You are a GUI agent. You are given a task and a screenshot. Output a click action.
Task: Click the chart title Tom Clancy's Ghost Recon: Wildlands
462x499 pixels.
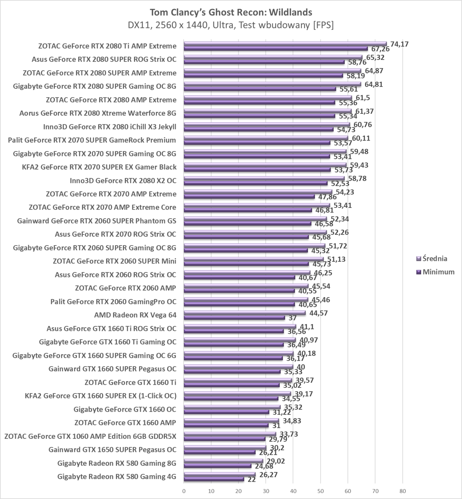click(x=231, y=12)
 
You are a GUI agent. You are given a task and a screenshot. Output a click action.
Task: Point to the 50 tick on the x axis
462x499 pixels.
click(x=320, y=491)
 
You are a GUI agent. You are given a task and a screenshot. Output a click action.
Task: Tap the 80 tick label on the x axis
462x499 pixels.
click(x=402, y=491)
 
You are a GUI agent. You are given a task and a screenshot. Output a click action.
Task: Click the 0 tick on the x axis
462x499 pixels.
click(x=184, y=491)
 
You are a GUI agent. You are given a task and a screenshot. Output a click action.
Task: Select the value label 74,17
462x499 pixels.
click(x=400, y=44)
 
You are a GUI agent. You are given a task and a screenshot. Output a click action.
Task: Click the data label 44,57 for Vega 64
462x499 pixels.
click(x=318, y=313)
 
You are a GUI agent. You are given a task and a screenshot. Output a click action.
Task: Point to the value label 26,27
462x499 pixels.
click(x=268, y=475)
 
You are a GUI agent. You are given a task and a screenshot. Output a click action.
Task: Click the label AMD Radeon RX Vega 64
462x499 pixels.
click(x=135, y=315)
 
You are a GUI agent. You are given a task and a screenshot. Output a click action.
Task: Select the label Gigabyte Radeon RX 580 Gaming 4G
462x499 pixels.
click(x=117, y=477)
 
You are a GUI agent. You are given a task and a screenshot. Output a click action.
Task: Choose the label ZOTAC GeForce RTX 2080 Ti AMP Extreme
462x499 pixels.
click(x=107, y=46)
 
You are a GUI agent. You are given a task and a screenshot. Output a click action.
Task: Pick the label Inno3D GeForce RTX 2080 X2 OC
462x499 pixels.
click(x=123, y=181)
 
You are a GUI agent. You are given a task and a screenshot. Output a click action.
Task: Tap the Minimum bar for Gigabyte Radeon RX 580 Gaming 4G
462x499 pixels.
click(x=214, y=479)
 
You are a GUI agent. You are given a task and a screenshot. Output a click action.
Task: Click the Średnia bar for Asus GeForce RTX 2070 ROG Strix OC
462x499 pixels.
click(x=255, y=232)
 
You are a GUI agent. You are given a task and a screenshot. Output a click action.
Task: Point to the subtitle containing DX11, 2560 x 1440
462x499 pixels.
click(x=231, y=25)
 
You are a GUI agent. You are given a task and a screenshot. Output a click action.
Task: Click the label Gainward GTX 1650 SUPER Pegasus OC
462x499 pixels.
click(x=112, y=450)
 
